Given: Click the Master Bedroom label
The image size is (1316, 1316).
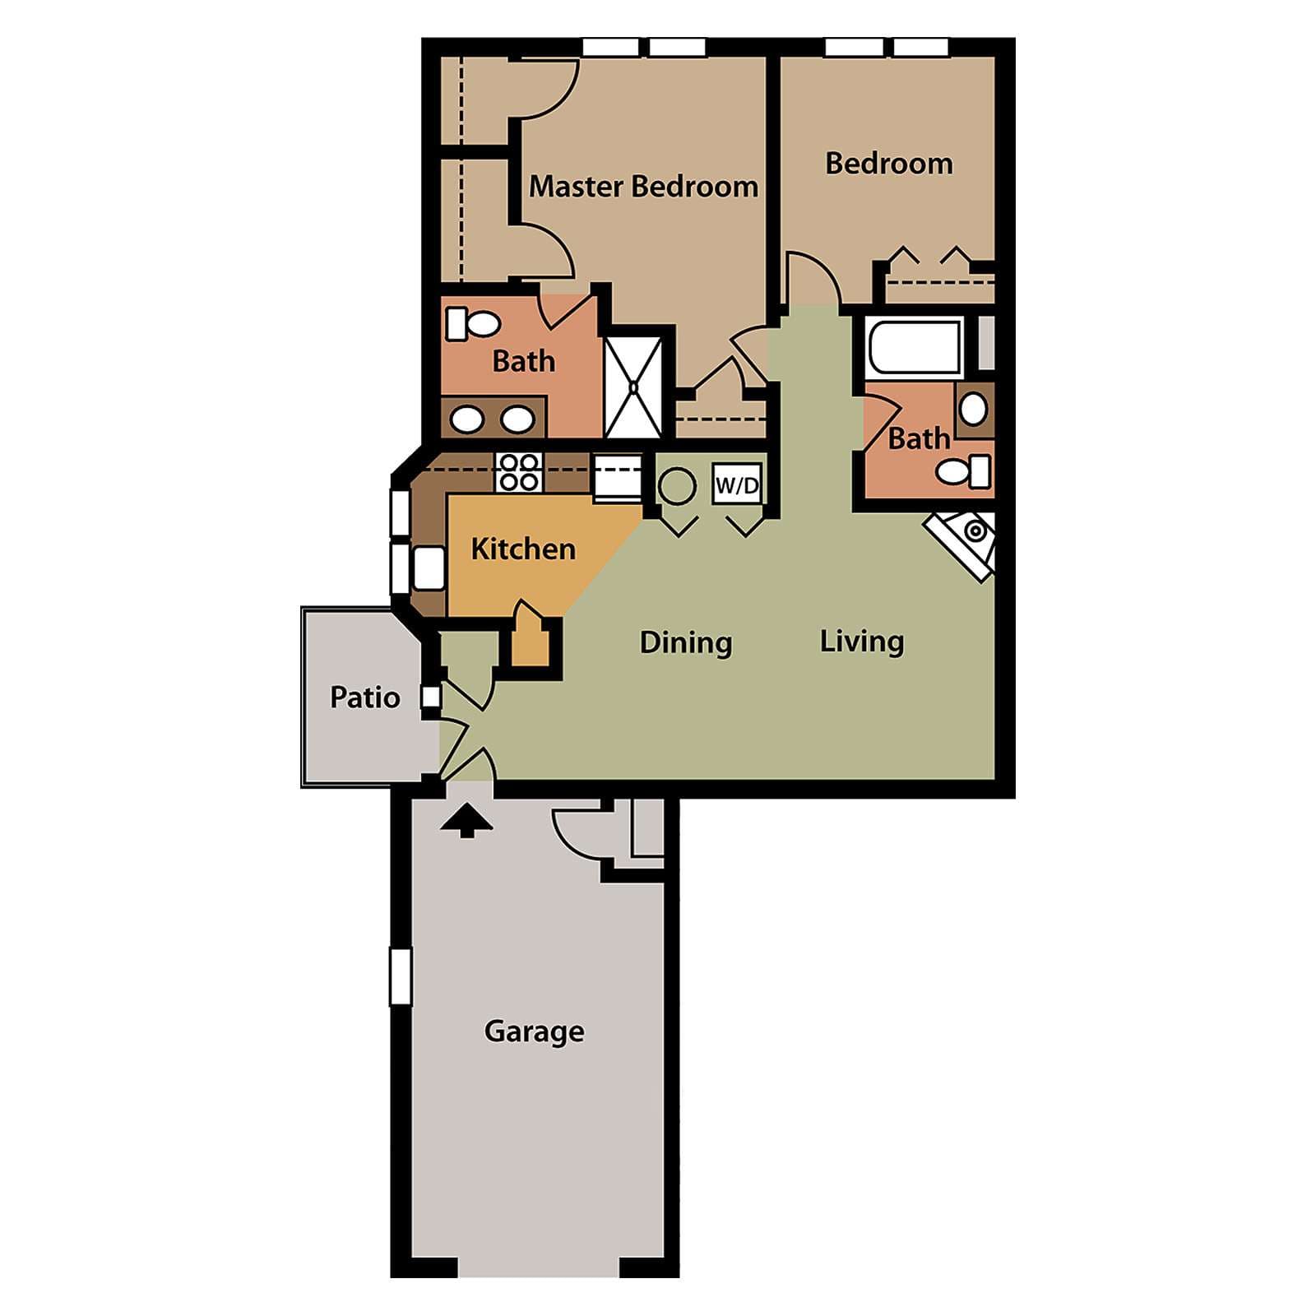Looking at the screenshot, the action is (643, 187).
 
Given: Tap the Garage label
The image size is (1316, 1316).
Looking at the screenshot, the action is (535, 1031).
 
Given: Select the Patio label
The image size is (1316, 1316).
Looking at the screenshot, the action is (364, 697).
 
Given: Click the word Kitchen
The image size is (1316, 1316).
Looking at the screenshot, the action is (523, 549).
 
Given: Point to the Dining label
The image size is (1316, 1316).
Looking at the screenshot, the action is (686, 642).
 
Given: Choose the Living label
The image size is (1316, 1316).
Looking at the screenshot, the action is (862, 642).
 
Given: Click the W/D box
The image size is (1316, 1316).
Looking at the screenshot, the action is (737, 485).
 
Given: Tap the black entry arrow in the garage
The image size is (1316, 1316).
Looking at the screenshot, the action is (466, 820).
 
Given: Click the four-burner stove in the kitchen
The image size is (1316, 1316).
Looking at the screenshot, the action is (519, 472).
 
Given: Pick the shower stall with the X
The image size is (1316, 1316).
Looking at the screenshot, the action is (633, 386).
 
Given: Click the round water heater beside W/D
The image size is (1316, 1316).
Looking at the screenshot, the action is (678, 486).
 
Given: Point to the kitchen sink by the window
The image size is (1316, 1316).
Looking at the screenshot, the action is (429, 568).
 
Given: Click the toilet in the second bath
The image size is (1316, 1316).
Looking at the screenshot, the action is (964, 472).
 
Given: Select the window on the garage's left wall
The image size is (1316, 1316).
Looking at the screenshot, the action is (401, 976).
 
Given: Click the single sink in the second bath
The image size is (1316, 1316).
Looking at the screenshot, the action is (974, 409).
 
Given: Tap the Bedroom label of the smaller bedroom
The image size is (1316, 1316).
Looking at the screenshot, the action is (889, 164).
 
